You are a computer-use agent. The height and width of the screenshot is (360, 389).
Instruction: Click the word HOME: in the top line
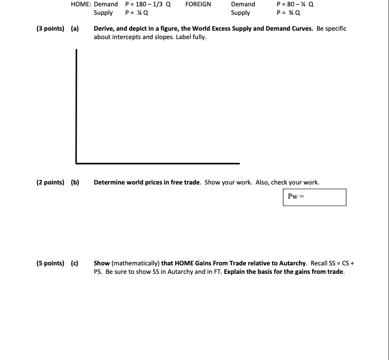tap(80, 4)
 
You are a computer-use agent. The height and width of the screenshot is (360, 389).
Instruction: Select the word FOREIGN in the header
tap(198, 4)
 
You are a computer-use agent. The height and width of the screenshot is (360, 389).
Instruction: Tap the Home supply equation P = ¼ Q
tap(137, 13)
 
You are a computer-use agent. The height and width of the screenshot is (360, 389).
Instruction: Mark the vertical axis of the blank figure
tap(77, 106)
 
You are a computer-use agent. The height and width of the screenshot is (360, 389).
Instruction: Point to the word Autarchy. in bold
tap(290, 263)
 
